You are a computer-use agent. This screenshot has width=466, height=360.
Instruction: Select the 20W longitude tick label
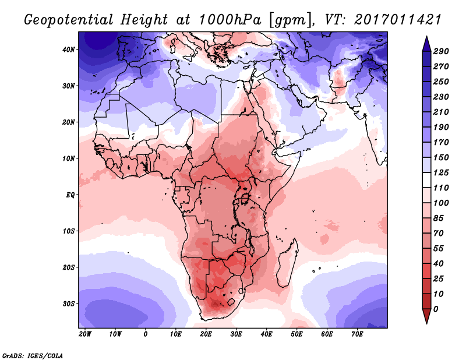[x=85, y=334]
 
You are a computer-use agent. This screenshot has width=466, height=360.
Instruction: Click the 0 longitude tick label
[x=146, y=334]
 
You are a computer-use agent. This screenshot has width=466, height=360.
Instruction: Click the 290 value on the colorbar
[x=441, y=52]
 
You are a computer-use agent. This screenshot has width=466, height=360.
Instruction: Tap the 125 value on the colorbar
[x=441, y=173]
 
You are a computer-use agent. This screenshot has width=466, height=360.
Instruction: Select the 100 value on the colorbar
[x=441, y=203]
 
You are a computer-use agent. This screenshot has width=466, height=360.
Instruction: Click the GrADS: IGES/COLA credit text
[x=33, y=354]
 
